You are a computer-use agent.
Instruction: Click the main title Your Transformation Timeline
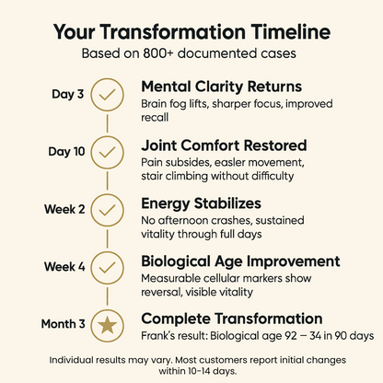[x=191, y=31]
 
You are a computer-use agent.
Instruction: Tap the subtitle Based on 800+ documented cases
[x=191, y=53]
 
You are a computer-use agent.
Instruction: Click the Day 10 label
[x=66, y=150]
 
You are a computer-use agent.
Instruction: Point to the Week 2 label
[x=65, y=208]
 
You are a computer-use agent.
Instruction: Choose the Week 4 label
[x=65, y=266]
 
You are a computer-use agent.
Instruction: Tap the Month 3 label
[x=64, y=323]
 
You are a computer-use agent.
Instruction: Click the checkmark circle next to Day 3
[x=109, y=93]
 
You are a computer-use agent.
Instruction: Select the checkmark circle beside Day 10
[x=109, y=150]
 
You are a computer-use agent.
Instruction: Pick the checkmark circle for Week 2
[x=109, y=208]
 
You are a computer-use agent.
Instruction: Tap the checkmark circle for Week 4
[x=109, y=266]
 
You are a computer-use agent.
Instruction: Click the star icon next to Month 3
[x=109, y=323]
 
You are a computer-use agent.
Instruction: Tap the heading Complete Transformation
[x=231, y=317]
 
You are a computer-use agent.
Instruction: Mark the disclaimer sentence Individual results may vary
[x=107, y=359]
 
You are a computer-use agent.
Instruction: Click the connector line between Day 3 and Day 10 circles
[x=109, y=122]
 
